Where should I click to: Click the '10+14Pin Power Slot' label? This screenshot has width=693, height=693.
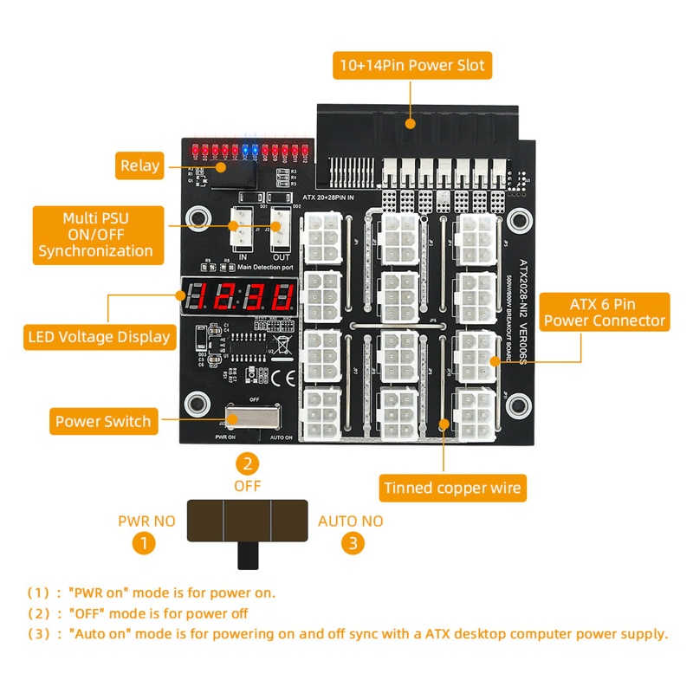point(412,65)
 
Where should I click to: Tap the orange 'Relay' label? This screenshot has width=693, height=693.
point(140,165)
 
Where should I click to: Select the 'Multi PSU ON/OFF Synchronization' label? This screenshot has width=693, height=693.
point(95,234)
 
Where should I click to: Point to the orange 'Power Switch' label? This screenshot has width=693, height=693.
point(103,422)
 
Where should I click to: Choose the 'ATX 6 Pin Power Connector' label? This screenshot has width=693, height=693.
point(606,313)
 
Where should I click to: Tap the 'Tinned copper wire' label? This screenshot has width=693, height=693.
point(452,488)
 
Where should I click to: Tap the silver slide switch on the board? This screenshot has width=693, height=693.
point(252,418)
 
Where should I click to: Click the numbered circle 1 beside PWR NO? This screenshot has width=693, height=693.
point(145,543)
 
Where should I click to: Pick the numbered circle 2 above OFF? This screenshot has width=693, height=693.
point(248,463)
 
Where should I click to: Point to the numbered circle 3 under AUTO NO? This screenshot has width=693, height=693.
point(351,543)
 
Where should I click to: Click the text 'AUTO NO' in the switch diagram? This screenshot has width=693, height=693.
point(350,521)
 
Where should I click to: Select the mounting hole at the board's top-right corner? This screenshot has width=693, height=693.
point(518,217)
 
